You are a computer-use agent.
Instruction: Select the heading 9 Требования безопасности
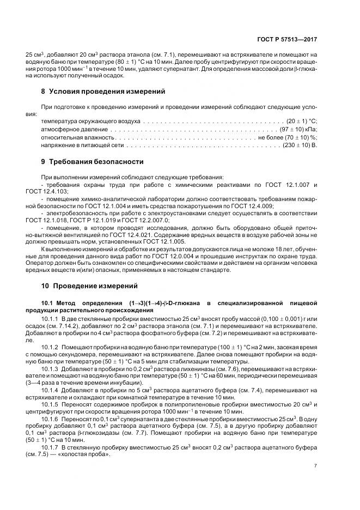click(x=92, y=162)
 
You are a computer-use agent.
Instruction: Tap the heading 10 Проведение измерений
click(x=91, y=286)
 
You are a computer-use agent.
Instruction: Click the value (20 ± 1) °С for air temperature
click(x=302, y=120)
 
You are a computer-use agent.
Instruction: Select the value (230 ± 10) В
click(x=301, y=146)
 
